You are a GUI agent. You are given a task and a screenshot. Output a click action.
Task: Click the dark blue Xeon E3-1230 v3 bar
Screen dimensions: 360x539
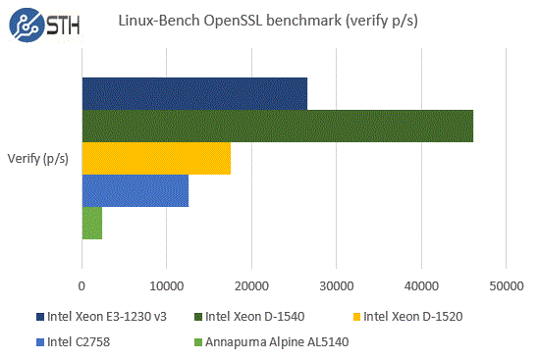coord(194,94)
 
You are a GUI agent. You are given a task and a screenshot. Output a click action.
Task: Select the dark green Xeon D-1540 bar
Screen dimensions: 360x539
coord(277,126)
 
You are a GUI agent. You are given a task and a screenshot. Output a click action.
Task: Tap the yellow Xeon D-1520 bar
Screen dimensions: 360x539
coord(156,158)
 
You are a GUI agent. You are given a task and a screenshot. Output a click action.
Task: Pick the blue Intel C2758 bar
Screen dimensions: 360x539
coord(135,190)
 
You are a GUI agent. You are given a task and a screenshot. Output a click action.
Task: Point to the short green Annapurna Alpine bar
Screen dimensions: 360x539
coord(92,223)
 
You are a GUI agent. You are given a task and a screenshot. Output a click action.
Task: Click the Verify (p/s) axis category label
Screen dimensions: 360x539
coord(38,159)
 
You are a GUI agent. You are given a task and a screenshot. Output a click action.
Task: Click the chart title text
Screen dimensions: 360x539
coord(268,21)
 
